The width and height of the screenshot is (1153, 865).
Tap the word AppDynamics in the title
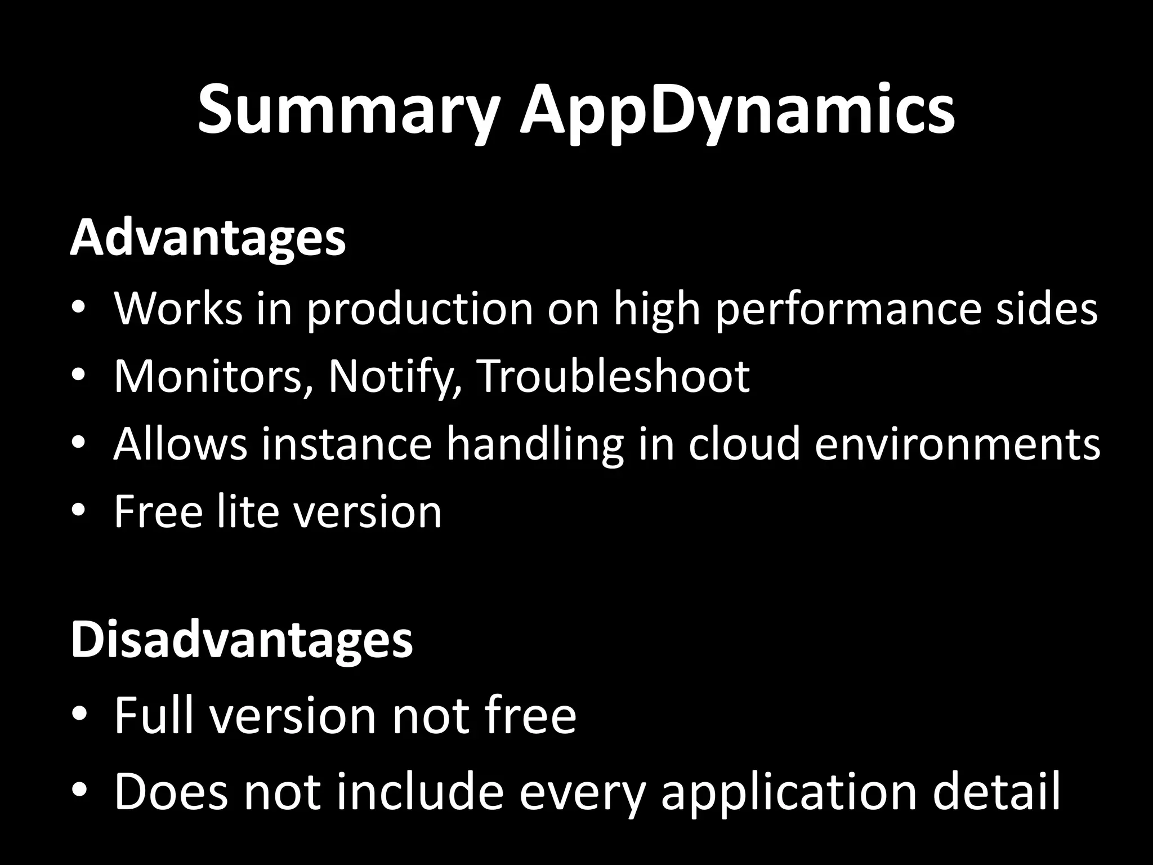pyautogui.click(x=737, y=110)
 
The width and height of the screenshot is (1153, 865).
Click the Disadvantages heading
pyautogui.click(x=242, y=641)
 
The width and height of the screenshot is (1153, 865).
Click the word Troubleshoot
pyautogui.click(x=614, y=376)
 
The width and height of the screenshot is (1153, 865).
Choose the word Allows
pyautogui.click(x=181, y=444)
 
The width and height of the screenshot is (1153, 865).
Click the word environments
pyautogui.click(x=957, y=444)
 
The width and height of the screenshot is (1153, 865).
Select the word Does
pyautogui.click(x=171, y=792)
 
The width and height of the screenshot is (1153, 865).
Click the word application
pyautogui.click(x=788, y=792)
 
